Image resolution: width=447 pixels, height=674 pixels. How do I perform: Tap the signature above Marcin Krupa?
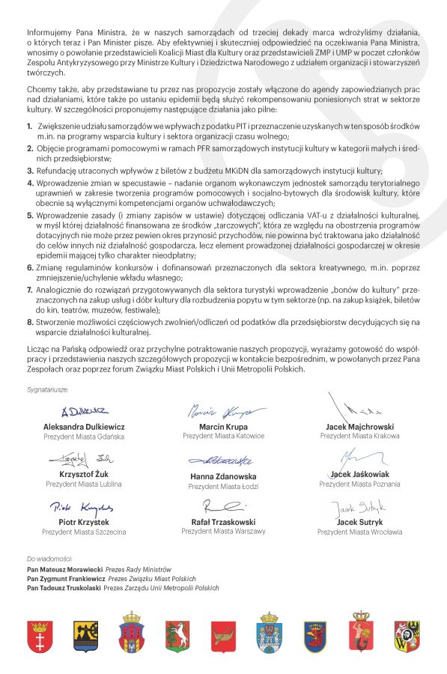coord(224,413)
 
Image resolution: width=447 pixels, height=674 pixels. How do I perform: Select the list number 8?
coord(29,321)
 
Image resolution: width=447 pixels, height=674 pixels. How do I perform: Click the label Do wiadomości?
coord(49,559)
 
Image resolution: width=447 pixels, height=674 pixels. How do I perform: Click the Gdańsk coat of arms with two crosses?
coord(40,637)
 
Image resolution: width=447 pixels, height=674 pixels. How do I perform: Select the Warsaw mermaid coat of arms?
coord(362,637)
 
